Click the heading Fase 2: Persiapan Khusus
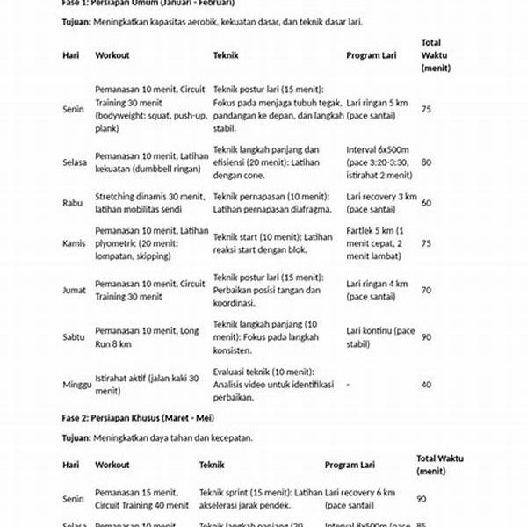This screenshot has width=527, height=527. coord(138,416)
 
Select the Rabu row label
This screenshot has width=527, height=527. coord(72,202)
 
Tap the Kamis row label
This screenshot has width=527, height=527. coord(74,243)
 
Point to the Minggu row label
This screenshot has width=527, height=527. coord(76,384)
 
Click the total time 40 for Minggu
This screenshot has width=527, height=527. coord(426,384)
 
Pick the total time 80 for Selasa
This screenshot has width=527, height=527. coord(426,162)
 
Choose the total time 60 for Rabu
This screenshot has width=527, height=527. coord(426,203)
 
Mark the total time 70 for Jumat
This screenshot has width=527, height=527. coord(426,289)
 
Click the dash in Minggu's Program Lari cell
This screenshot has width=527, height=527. coord(349,384)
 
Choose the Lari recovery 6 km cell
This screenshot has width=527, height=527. coord(365,499)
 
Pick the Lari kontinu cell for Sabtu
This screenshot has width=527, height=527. coord(380,336)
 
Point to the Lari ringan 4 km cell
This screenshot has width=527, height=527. coord(377,289)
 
